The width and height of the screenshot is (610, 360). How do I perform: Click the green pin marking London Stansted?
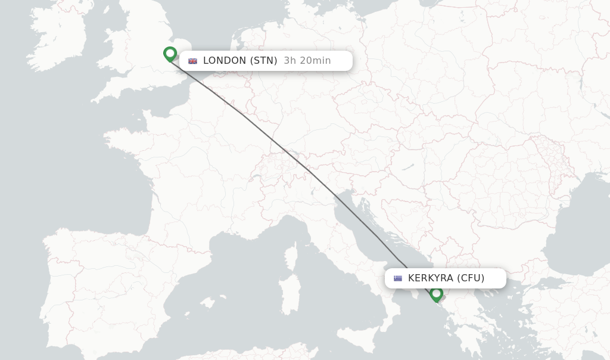pos(170,54)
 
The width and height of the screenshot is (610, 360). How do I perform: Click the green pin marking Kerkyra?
pos(437,293)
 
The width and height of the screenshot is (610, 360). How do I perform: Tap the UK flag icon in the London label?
pos(192,61)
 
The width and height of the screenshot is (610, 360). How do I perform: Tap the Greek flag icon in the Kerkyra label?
pos(397,278)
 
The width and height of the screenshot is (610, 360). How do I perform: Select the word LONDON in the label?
pos(225,60)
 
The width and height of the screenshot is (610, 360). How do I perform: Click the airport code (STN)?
pos(264,60)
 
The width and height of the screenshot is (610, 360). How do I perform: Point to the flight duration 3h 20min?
pos(307,60)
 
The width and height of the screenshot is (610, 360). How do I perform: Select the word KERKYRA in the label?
pos(431,278)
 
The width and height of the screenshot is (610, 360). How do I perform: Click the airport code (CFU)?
pos(471,278)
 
